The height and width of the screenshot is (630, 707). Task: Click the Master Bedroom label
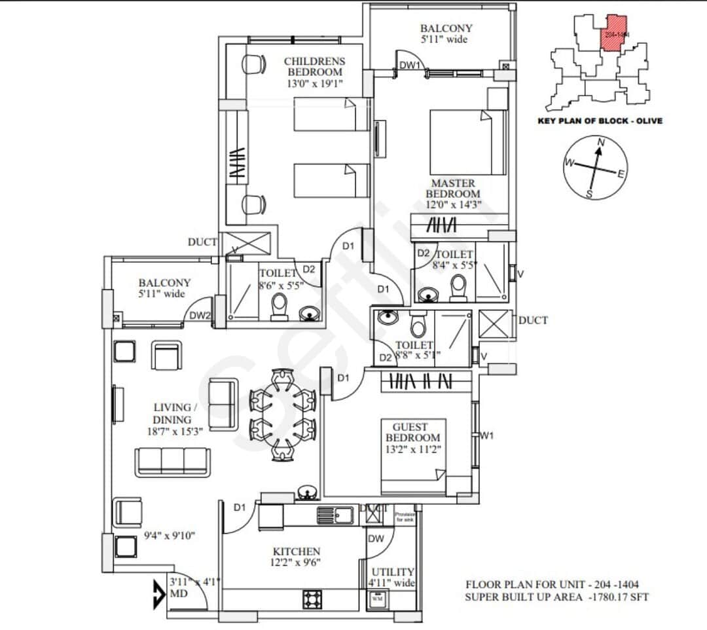pyautogui.click(x=453, y=189)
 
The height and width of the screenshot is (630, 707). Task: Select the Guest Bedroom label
pyautogui.click(x=412, y=432)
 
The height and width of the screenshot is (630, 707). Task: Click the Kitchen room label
pyautogui.click(x=297, y=551)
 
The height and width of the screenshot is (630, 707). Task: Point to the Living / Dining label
pyautogui.click(x=172, y=413)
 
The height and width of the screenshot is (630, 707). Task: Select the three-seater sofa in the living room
pyautogui.click(x=172, y=462)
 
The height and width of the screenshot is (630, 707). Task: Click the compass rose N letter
pyautogui.click(x=602, y=142)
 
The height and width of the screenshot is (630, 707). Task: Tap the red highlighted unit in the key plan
pyautogui.click(x=614, y=33)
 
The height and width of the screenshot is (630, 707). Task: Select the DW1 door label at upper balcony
pyautogui.click(x=410, y=65)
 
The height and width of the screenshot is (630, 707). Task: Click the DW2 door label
pyautogui.click(x=200, y=316)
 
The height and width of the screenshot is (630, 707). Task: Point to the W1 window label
pyautogui.click(x=486, y=435)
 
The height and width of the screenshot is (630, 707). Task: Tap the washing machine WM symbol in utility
pyautogui.click(x=377, y=599)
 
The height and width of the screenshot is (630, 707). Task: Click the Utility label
pyautogui.click(x=393, y=572)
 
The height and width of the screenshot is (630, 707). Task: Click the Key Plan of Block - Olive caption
pyautogui.click(x=600, y=120)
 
